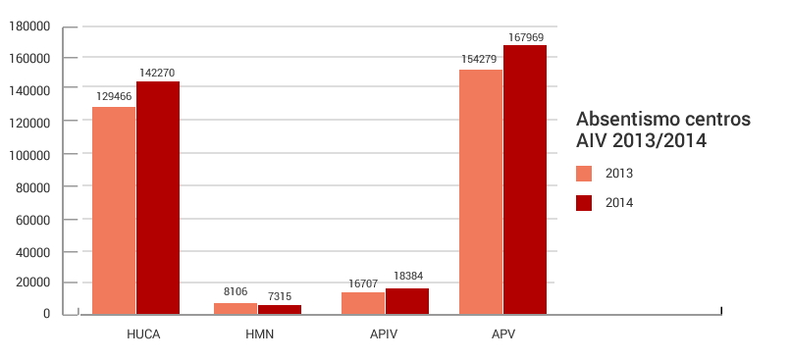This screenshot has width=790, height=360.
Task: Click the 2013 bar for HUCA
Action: click(114, 210)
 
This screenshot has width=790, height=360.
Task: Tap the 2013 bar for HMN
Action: click(236, 309)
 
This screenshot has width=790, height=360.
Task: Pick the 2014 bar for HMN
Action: click(280, 310)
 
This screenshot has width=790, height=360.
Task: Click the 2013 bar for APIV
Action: click(363, 303)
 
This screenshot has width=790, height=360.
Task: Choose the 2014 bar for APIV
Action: click(407, 301)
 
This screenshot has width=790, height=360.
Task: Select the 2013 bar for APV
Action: click(481, 191)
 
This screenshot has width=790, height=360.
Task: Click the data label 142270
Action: click(157, 73)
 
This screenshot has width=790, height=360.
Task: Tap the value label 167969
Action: click(526, 37)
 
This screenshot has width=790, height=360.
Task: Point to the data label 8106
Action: click(236, 291)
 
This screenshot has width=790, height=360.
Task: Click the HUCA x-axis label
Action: click(143, 334)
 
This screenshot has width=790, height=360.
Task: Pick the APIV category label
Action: click(385, 334)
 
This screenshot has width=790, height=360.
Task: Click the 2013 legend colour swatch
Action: click(584, 174)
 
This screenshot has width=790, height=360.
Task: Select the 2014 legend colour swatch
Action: click(584, 203)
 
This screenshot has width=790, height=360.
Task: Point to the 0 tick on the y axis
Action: click(46, 314)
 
